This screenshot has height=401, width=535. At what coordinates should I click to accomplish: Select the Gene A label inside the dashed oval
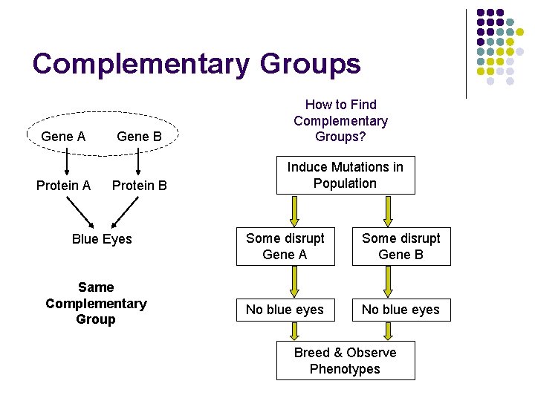pos(63,137)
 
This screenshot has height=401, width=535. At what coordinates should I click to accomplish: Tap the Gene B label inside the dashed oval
pos(139,137)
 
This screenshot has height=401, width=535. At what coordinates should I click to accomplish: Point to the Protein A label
pos(63,186)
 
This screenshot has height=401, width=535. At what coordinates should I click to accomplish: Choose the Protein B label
pos(139,186)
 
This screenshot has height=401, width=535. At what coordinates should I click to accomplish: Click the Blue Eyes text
pos(102,239)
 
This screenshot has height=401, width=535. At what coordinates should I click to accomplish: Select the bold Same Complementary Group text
pos(96,303)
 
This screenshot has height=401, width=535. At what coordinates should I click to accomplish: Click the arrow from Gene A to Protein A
pos(65,160)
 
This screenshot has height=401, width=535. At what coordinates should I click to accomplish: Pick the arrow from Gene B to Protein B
pos(139,160)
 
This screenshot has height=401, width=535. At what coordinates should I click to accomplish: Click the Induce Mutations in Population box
pos(345,175)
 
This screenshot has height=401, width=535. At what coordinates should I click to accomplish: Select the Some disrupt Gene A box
pos(285,247)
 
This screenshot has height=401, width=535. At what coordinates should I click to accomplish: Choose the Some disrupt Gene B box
pos(401,247)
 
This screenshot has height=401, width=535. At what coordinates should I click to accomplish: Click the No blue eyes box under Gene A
pos(285,310)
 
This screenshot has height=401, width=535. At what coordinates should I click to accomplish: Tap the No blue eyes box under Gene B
pos(401,310)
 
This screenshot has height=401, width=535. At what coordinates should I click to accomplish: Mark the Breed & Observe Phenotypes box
pos(345,361)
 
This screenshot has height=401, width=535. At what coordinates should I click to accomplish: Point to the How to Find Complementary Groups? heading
pos(340,121)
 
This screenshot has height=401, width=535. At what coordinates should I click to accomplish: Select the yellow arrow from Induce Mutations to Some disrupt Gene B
pos(387,211)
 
